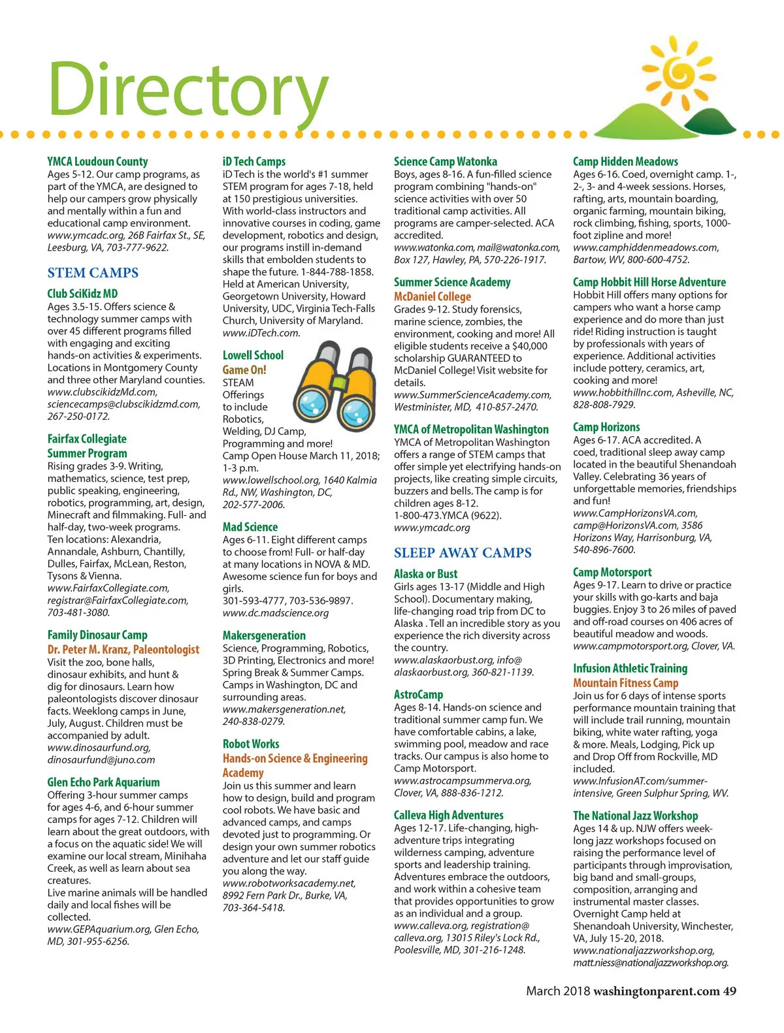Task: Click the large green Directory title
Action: pos(188,90)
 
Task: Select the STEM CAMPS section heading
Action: pos(93,273)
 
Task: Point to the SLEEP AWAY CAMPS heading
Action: pos(463,553)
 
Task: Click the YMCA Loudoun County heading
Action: pos(97,161)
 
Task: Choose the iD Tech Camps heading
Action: pos(254,161)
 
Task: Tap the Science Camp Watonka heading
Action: pos(446,161)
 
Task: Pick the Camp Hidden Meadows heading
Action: pos(625,161)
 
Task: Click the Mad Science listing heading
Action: pos(250,527)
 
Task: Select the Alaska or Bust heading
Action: pos(425,574)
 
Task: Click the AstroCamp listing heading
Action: pos(418,695)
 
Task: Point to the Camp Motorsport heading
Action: pos(612,572)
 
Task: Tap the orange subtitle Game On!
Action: pos(244,370)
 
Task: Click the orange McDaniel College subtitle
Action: pos(433,296)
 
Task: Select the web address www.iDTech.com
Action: pos(261,333)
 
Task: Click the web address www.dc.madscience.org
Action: pos(276,613)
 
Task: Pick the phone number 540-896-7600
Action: pos(595,550)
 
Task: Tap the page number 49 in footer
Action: pos(730,991)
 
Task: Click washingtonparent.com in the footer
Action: pos(656,991)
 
